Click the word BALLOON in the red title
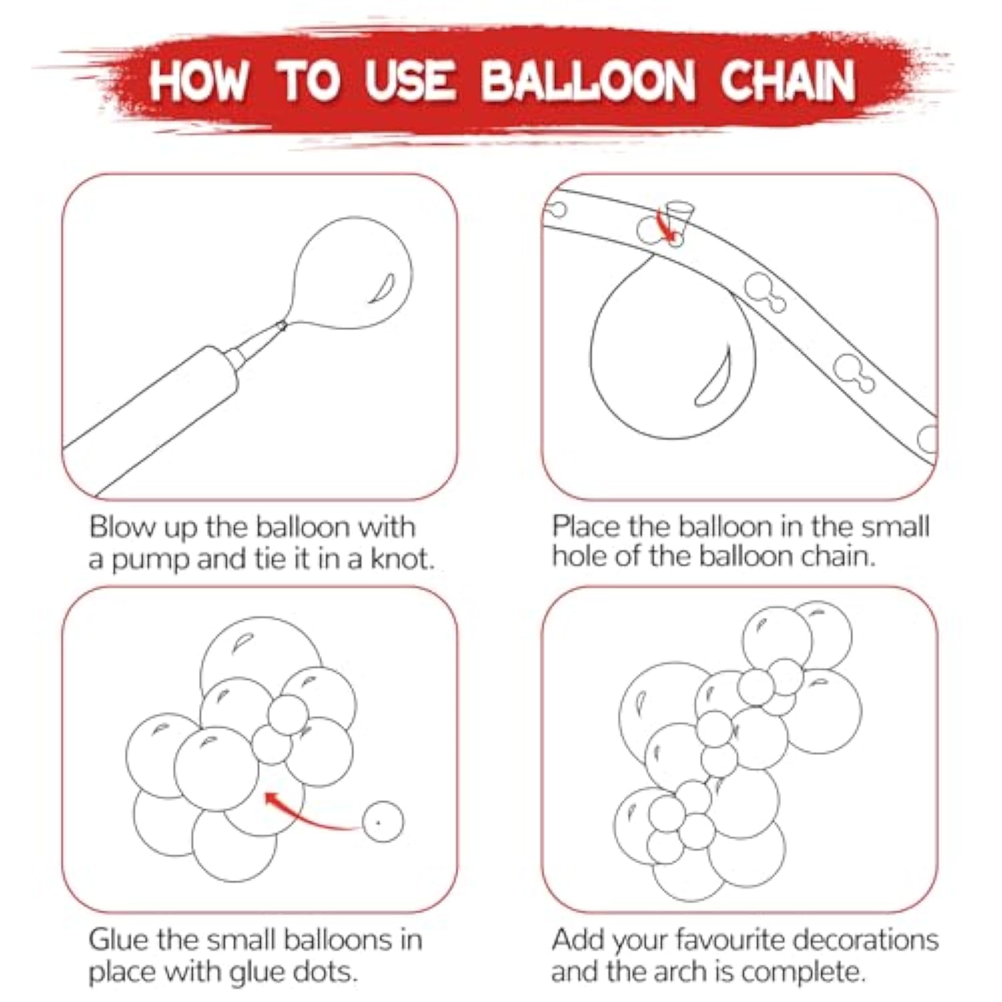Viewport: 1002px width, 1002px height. coord(588,81)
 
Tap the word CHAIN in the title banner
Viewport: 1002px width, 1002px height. coord(788,81)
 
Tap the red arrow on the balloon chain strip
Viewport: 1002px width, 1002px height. coord(666,224)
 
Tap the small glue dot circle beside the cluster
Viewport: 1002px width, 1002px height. coord(383,822)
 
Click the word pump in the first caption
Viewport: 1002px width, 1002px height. coord(150,560)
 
